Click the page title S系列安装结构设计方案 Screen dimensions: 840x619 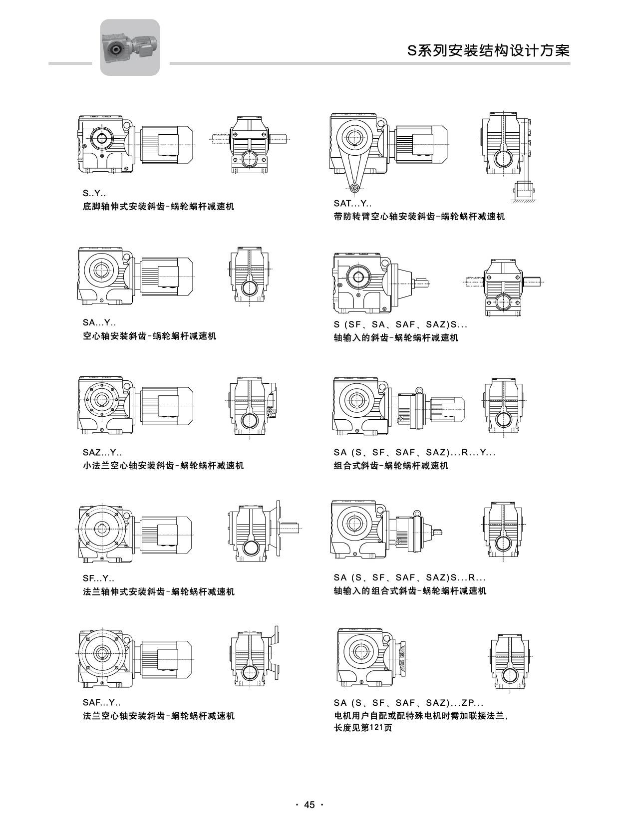[x=488, y=50]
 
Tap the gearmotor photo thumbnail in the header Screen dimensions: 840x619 [x=130, y=47]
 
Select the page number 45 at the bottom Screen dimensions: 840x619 [x=309, y=805]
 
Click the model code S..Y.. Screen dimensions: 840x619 [x=94, y=193]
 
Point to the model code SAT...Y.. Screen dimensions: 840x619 [x=352, y=203]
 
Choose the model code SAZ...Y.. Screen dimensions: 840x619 [x=102, y=453]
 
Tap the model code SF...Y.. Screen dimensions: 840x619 [x=98, y=579]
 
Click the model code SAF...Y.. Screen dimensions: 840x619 [x=101, y=703]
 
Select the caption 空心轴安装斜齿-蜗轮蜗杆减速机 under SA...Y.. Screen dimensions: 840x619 [x=149, y=336]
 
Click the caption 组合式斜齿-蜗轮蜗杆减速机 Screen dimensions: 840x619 [x=391, y=466]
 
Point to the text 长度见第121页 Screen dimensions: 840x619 [x=362, y=728]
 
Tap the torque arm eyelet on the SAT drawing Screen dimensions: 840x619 [x=354, y=188]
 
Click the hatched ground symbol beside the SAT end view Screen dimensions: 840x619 [x=523, y=200]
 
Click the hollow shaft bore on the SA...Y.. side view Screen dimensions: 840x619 [x=102, y=271]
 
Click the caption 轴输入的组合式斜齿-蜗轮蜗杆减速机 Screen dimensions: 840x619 [x=410, y=591]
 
